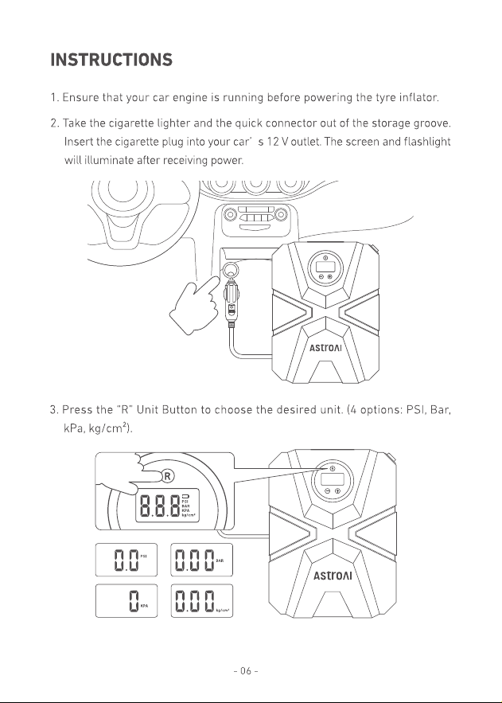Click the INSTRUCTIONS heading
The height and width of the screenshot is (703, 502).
pyautogui.click(x=111, y=60)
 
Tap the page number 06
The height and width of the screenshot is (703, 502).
pyautogui.click(x=246, y=670)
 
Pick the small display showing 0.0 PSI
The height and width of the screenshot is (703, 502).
pyautogui.click(x=126, y=560)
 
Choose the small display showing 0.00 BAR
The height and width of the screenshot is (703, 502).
pyautogui.click(x=201, y=560)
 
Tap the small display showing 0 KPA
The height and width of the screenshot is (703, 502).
pyautogui.click(x=126, y=601)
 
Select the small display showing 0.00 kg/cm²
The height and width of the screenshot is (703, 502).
pyautogui.click(x=201, y=601)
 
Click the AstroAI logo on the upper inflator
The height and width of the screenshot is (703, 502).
pyautogui.click(x=325, y=349)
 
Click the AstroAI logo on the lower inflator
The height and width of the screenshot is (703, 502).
pyautogui.click(x=333, y=576)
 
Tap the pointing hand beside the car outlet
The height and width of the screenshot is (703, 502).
pyautogui.click(x=193, y=300)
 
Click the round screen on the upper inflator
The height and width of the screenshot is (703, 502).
pyautogui.click(x=325, y=268)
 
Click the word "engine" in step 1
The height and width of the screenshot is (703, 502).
pyautogui.click(x=189, y=98)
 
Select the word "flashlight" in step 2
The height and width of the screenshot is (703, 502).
pyautogui.click(x=426, y=142)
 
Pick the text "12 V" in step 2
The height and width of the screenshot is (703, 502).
pyautogui.click(x=273, y=142)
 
